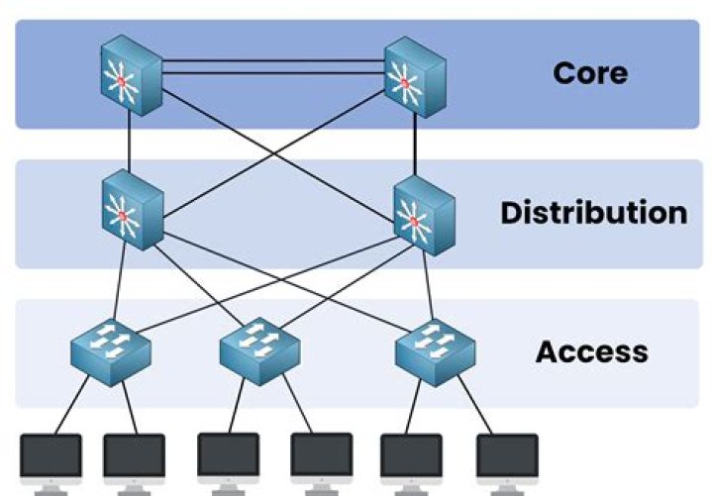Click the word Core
point(590,72)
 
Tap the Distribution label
point(592,213)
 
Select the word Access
point(592,351)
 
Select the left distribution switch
point(131,209)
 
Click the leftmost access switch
point(110,348)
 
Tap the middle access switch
point(258,348)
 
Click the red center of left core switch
point(122,78)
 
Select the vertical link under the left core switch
point(129,144)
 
